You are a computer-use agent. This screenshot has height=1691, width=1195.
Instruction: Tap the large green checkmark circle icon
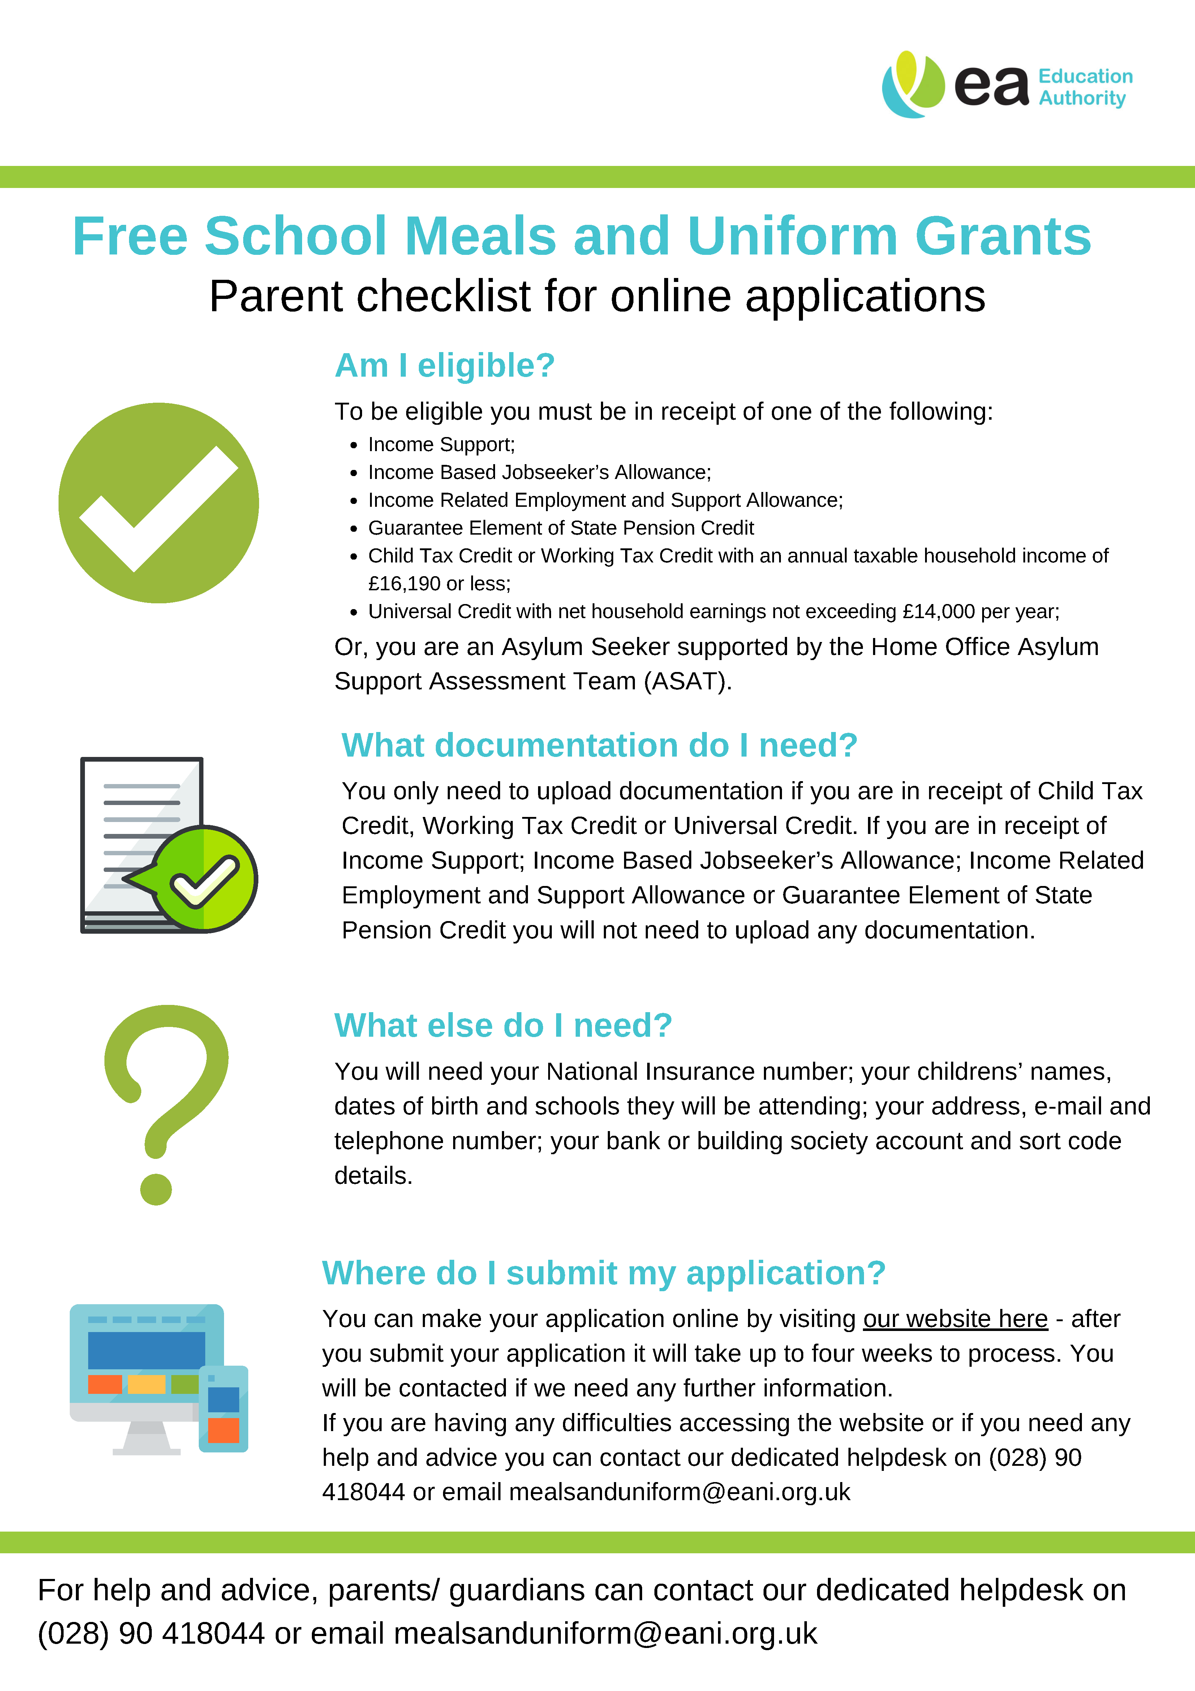click(158, 503)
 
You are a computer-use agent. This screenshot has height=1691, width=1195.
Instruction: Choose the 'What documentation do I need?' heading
click(599, 745)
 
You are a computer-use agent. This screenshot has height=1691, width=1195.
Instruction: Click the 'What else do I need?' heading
click(503, 1025)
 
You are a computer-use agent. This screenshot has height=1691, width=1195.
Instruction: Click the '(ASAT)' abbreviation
click(688, 681)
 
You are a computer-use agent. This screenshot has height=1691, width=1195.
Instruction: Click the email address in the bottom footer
click(605, 1634)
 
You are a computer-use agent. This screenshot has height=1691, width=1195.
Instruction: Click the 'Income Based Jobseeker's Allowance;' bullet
click(539, 472)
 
